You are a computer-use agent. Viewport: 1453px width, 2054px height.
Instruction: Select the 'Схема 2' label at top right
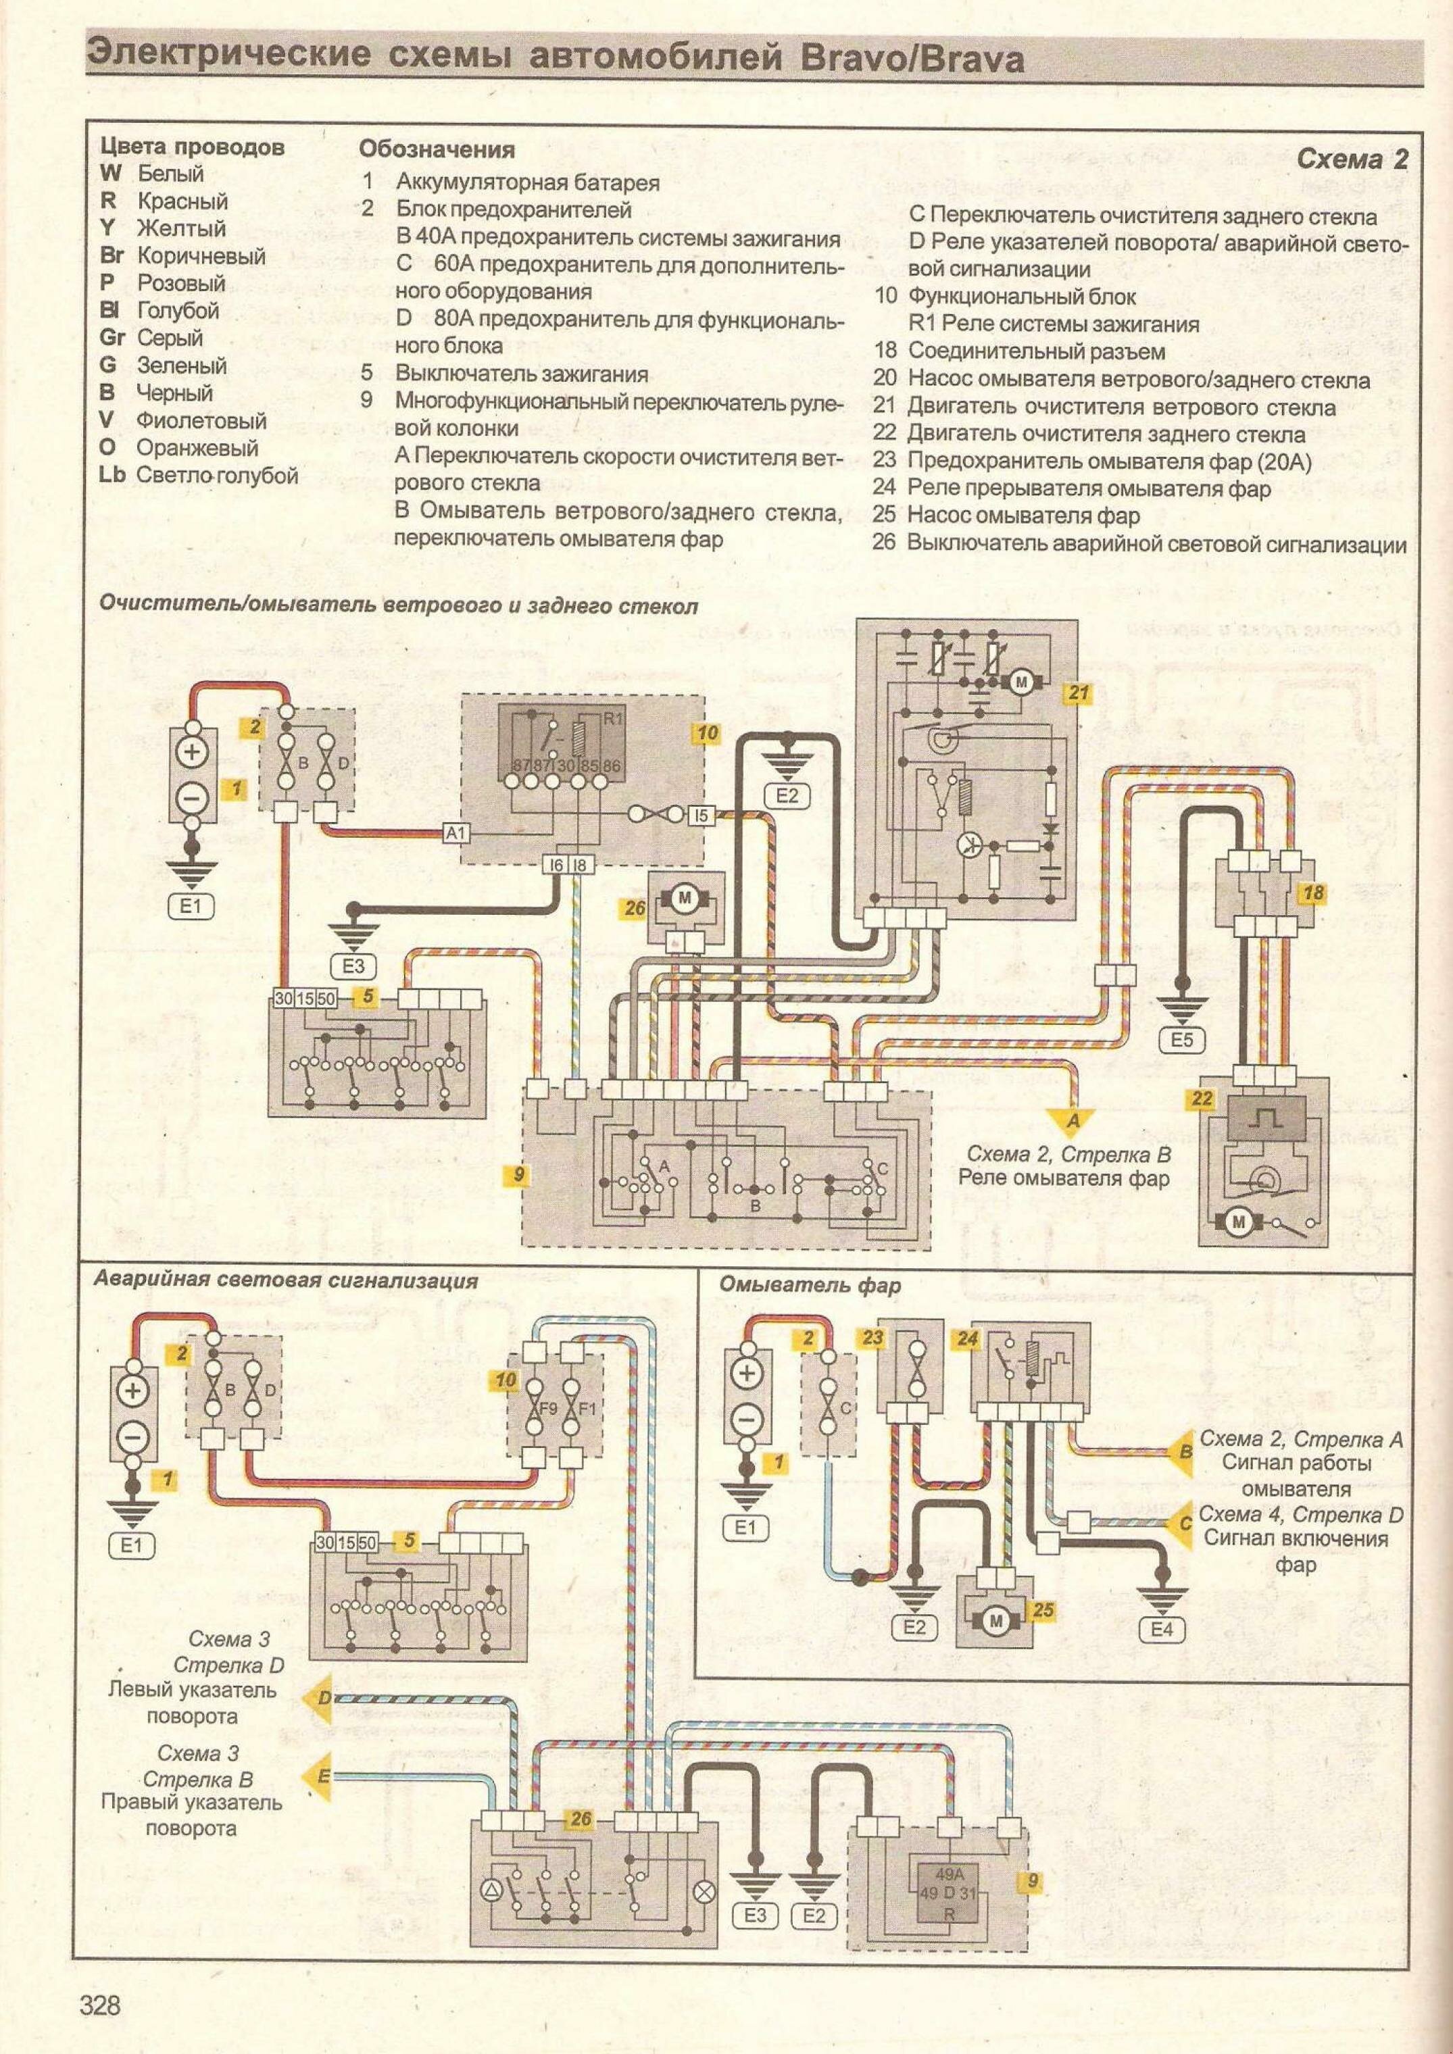click(1352, 159)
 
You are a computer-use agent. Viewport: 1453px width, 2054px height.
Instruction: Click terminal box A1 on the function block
click(455, 834)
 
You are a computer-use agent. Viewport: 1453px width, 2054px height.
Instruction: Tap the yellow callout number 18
click(1313, 892)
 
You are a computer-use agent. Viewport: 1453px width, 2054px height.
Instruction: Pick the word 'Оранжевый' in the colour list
click(197, 447)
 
